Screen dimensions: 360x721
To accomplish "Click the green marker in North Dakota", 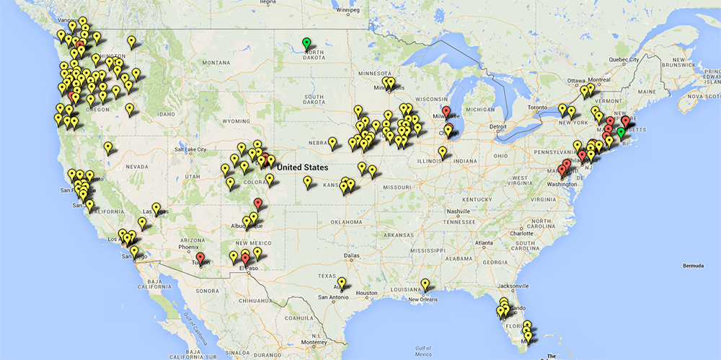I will [x=306, y=43].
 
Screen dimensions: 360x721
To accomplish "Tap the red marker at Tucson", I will [x=200, y=258].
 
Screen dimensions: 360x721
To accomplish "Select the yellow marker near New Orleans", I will [x=425, y=284].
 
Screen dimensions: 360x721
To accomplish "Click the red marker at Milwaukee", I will [x=446, y=112].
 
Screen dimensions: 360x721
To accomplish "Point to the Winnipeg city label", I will [x=344, y=11].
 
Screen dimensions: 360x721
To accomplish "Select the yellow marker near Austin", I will [x=342, y=283].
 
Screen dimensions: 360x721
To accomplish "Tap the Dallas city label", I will [x=353, y=255].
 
